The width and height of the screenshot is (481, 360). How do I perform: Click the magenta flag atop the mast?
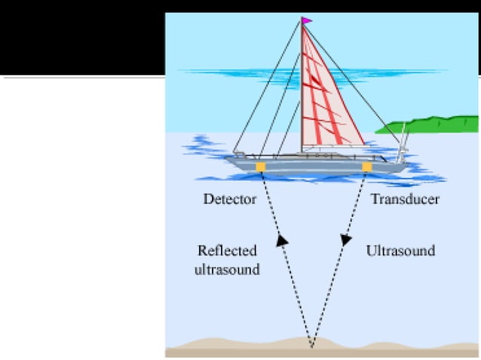pos(307,21)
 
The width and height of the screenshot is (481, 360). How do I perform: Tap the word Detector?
pos(230,199)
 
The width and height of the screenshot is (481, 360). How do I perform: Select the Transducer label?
pos(405,199)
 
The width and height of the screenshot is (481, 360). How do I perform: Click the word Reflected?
pos(228,251)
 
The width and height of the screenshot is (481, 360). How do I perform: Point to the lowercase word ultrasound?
pos(228,270)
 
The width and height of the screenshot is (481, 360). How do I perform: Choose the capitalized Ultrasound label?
pos(400,251)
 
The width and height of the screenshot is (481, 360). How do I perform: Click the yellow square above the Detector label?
pos(260,167)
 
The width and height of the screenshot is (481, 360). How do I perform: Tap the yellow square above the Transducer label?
pos(367,167)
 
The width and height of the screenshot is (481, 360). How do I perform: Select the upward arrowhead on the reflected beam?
pos(282,240)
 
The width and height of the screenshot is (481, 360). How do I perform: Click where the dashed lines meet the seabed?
pos(311,347)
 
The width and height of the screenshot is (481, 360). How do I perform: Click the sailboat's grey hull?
pos(316,167)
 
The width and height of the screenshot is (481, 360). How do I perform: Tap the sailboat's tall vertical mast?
pos(302,85)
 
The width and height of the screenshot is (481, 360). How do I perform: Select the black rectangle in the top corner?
pos(83,38)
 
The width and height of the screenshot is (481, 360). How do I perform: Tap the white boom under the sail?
pos(336,147)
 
